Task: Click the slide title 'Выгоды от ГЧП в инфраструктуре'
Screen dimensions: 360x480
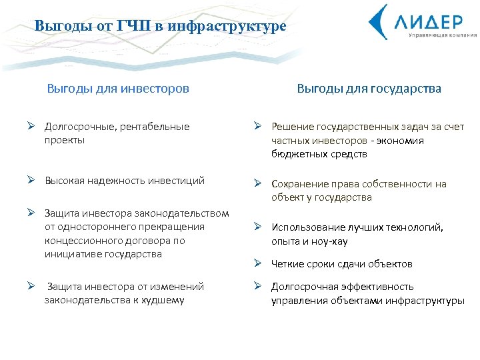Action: (x=161, y=26)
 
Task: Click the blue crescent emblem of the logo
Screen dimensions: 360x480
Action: (x=379, y=21)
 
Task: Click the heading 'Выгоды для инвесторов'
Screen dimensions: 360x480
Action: (x=118, y=89)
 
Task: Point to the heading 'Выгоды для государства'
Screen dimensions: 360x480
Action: (x=369, y=89)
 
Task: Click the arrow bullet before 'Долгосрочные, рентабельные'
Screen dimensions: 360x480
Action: (x=31, y=126)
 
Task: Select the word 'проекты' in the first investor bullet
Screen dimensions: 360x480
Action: (x=65, y=140)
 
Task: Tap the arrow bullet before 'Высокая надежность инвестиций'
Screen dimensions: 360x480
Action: (x=31, y=181)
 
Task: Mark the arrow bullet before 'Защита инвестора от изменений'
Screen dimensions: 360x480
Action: (x=31, y=287)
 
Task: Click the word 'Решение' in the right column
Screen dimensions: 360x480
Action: (x=291, y=127)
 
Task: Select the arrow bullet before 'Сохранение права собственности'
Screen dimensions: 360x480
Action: (x=258, y=184)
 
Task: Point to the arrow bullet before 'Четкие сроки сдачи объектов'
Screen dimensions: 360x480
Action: (x=258, y=264)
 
